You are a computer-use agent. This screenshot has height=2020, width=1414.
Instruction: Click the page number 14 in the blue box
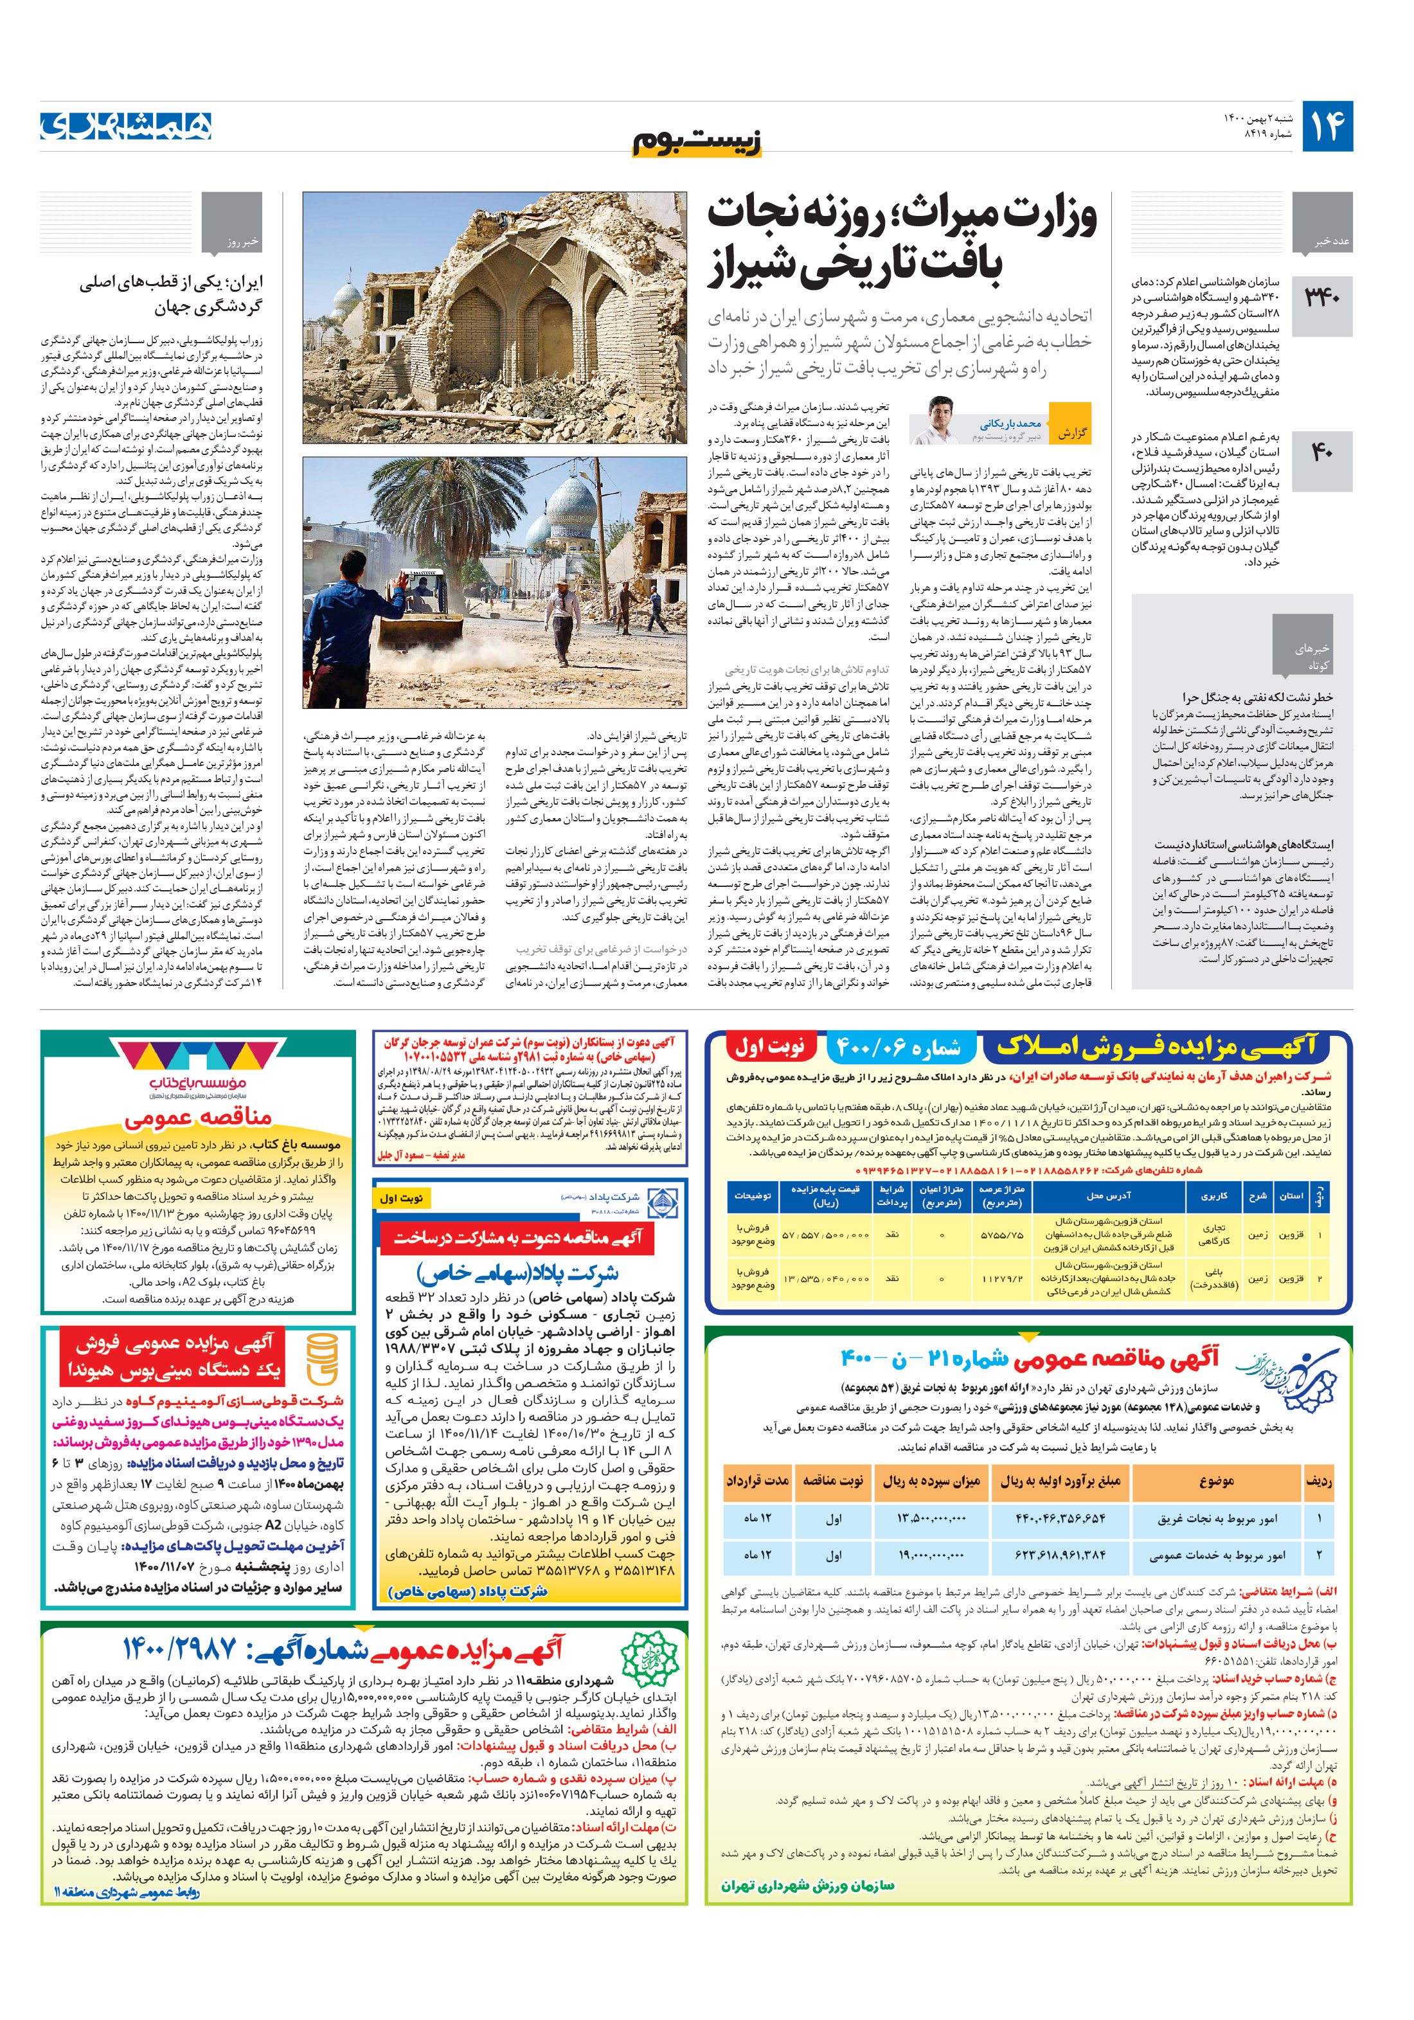[1327, 127]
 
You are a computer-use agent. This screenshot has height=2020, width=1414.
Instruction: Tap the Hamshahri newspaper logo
[126, 126]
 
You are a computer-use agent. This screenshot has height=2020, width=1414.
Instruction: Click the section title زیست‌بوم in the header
[697, 141]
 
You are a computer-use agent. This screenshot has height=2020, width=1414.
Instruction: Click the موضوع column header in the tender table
[1216, 1481]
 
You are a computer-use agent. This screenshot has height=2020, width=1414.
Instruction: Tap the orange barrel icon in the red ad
[322, 1359]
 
